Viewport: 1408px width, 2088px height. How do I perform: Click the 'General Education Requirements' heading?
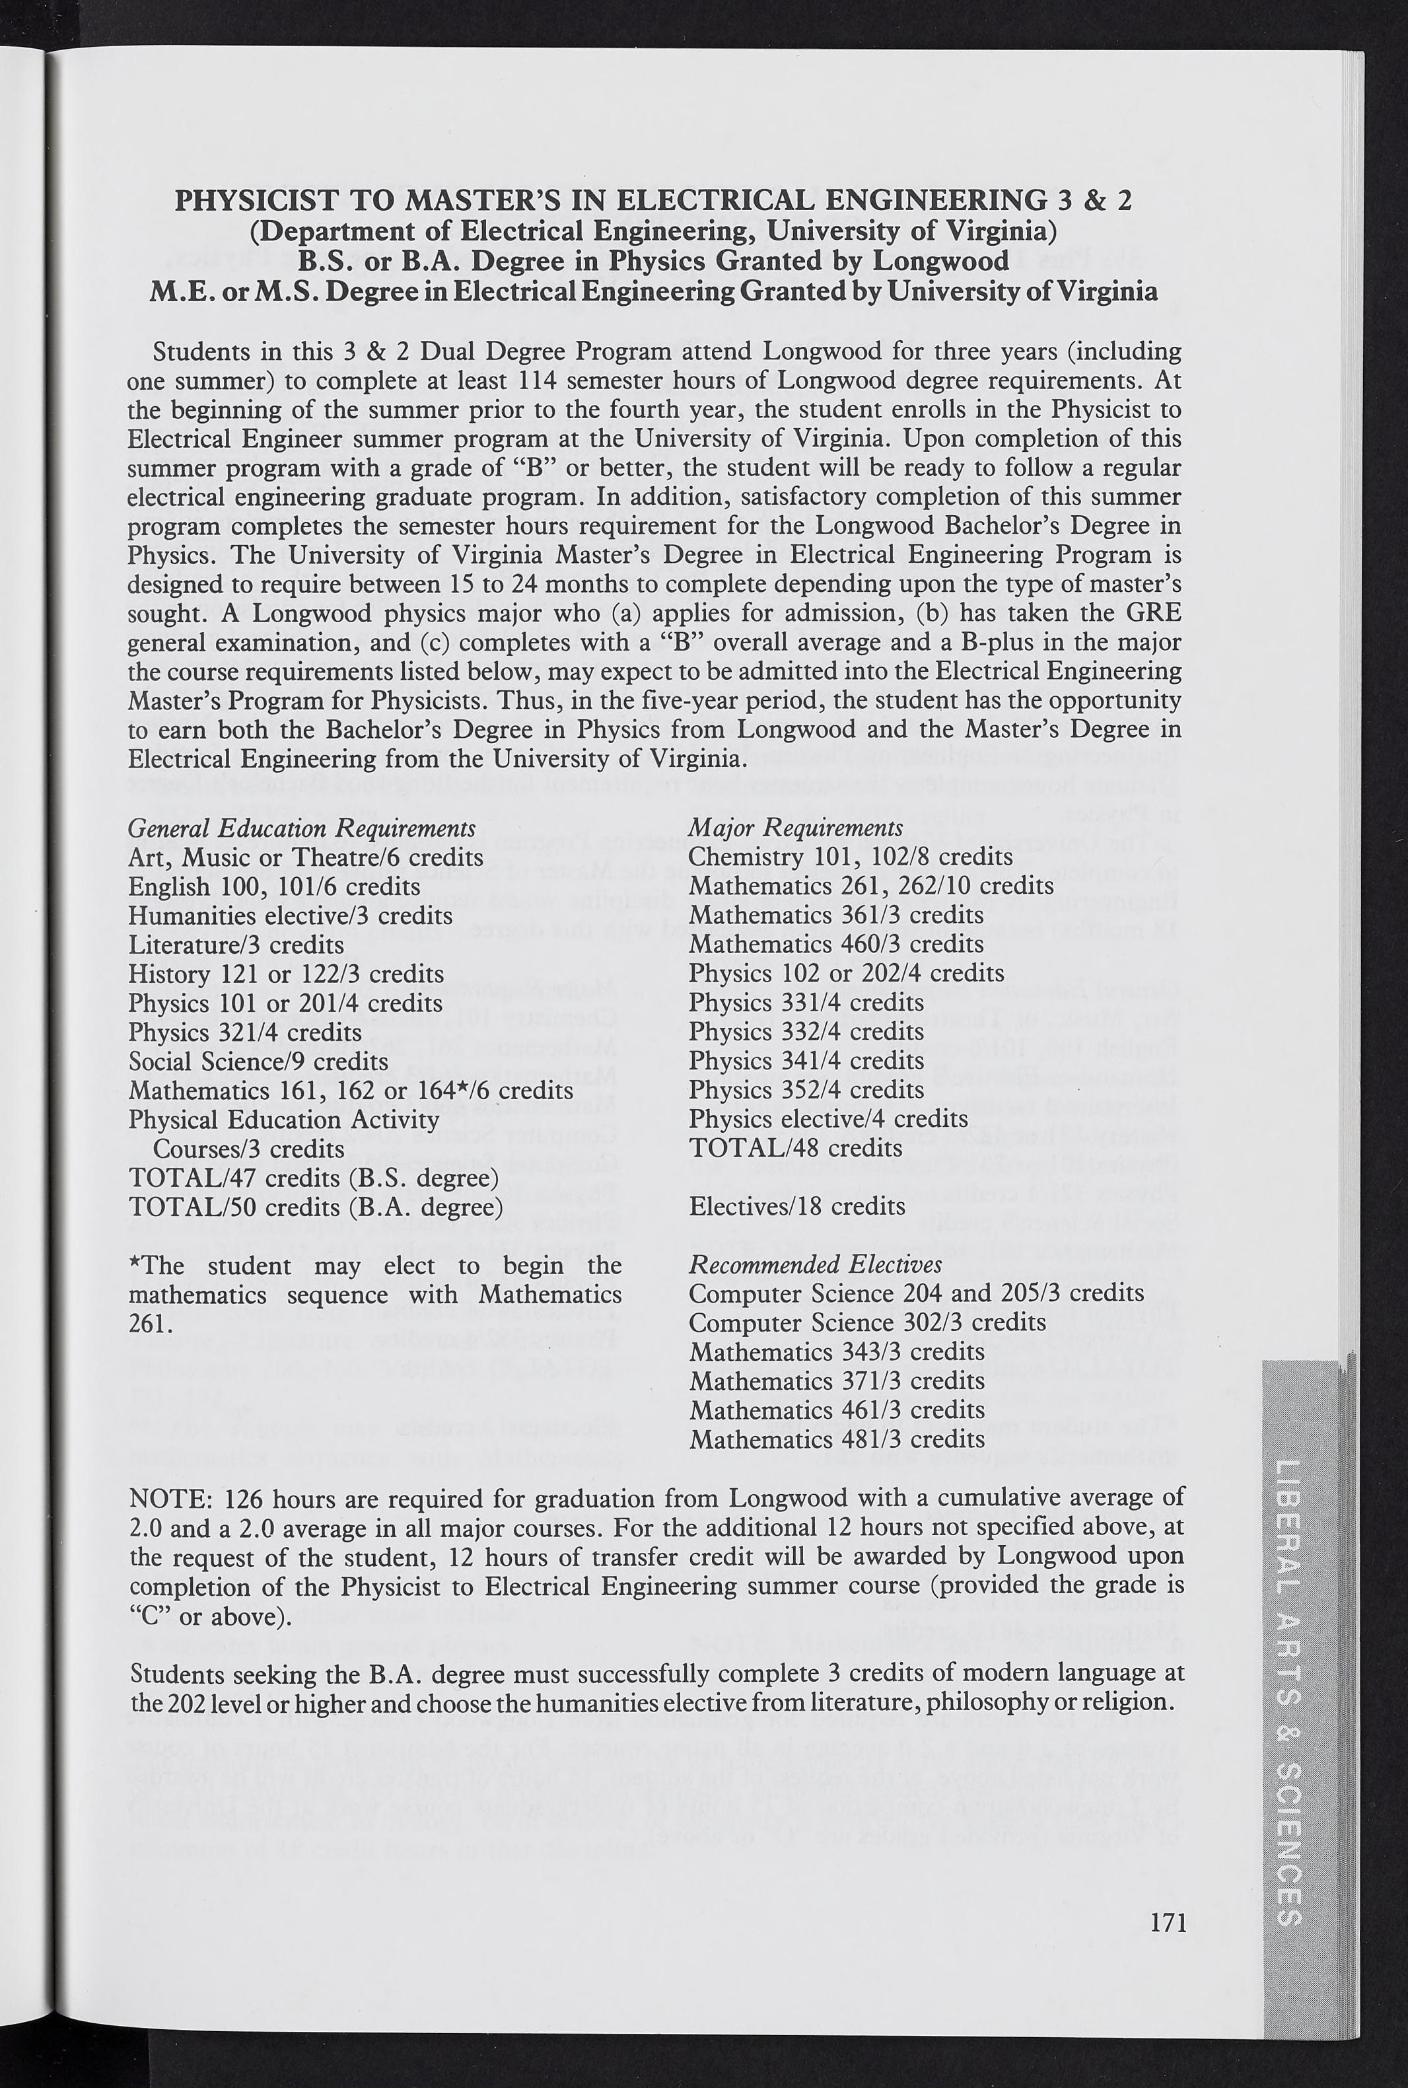[x=302, y=829]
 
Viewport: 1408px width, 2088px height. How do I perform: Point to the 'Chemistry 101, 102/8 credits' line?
[x=851, y=857]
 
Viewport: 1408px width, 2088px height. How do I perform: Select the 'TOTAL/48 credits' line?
[x=796, y=1148]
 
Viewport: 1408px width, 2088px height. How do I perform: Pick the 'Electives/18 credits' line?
[x=796, y=1206]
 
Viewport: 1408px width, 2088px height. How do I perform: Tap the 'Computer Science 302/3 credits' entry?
[x=867, y=1323]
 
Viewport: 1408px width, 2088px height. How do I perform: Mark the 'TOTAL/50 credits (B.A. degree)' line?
[x=315, y=1206]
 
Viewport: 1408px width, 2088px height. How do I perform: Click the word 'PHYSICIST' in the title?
[x=245, y=199]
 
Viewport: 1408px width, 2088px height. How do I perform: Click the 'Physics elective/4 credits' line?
[x=828, y=1119]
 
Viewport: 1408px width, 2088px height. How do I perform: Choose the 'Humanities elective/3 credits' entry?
[x=290, y=916]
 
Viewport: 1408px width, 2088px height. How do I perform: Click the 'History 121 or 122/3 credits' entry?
[x=285, y=974]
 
